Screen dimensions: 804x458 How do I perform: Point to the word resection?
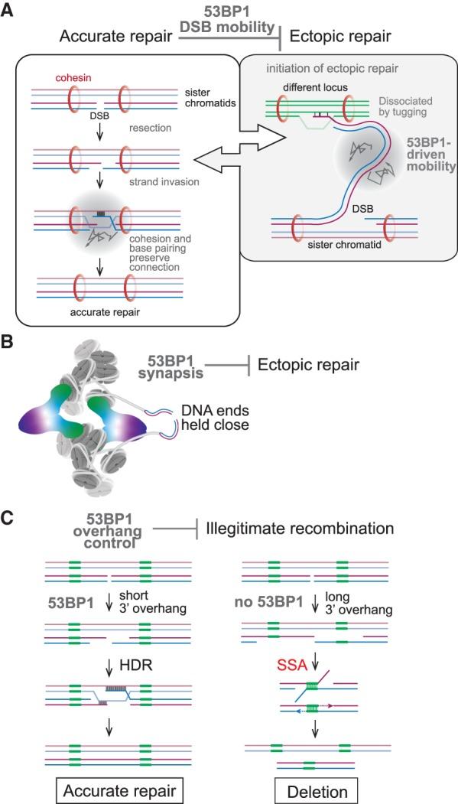pyautogui.click(x=150, y=130)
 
